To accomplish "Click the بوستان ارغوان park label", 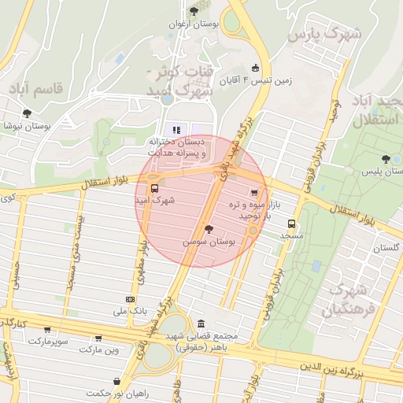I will [x=194, y=24].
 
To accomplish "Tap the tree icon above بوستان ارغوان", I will [x=194, y=11].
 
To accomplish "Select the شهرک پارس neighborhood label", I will [x=324, y=35].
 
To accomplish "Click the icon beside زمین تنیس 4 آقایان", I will [x=254, y=68].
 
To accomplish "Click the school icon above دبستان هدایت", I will [x=176, y=129].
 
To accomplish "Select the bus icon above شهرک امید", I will [x=153, y=189].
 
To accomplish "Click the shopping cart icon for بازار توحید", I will [x=253, y=192].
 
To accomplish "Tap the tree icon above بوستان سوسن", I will [x=209, y=230].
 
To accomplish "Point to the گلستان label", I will [x=386, y=248].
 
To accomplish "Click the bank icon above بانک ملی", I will [x=129, y=300].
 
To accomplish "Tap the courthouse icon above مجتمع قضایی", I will [x=202, y=323].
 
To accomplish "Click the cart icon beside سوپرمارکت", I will [x=47, y=330].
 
